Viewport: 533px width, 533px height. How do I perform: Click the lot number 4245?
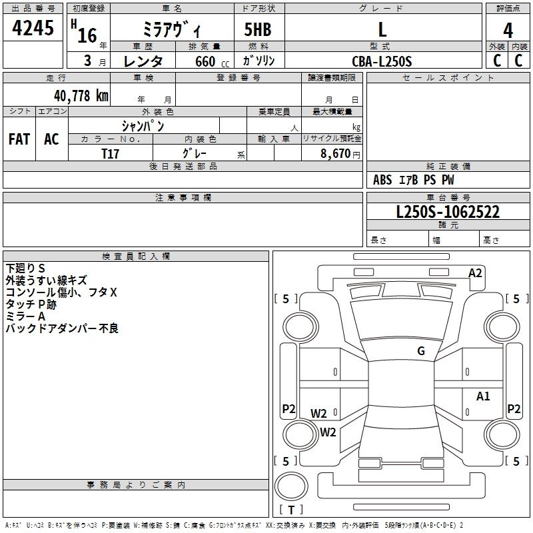pyautogui.click(x=33, y=29)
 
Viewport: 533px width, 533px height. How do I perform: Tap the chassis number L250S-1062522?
pyautogui.click(x=448, y=213)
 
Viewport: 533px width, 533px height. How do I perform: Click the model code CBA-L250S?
pyautogui.click(x=382, y=61)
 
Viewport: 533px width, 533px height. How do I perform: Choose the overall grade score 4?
pyautogui.click(x=508, y=30)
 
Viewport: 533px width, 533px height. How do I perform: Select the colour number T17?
pyautogui.click(x=111, y=154)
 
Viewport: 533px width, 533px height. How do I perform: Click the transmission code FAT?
pyautogui.click(x=19, y=139)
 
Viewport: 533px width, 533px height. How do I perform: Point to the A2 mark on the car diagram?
pyautogui.click(x=475, y=272)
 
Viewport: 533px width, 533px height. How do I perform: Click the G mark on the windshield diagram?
pyautogui.click(x=421, y=351)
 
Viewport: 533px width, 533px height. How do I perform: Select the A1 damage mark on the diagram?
pyautogui.click(x=483, y=396)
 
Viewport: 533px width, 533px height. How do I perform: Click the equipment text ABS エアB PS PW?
pyautogui.click(x=414, y=180)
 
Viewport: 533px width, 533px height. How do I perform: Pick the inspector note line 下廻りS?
pyautogui.click(x=26, y=268)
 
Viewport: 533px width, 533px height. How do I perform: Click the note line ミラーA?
pyautogui.click(x=25, y=316)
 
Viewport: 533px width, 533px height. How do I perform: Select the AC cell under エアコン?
pyautogui.click(x=51, y=139)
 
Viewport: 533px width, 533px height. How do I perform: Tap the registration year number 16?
pyautogui.click(x=88, y=35)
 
